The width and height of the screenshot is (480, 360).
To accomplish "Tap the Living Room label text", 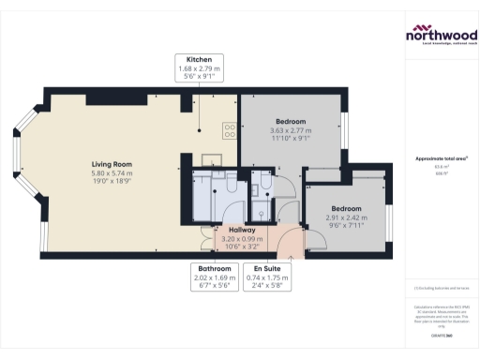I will pos(110,164).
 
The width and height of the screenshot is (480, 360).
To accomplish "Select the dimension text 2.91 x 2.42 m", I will pos(346,217).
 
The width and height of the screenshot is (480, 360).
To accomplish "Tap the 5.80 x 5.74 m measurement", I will pos(110,173).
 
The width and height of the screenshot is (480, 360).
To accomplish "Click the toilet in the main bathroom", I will pos(230,187).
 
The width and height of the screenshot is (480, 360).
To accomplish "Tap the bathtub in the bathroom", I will pos(202,197).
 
